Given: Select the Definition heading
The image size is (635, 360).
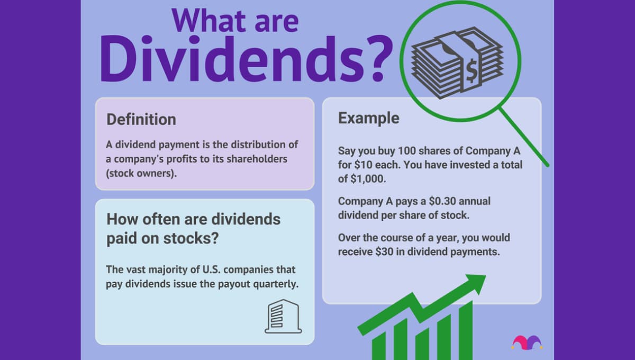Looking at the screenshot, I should click(x=141, y=119).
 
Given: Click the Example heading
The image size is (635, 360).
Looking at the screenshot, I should click(x=369, y=118).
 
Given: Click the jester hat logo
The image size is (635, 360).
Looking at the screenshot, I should click(x=527, y=343).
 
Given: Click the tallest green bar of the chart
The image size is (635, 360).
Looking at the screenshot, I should click(x=465, y=331).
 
